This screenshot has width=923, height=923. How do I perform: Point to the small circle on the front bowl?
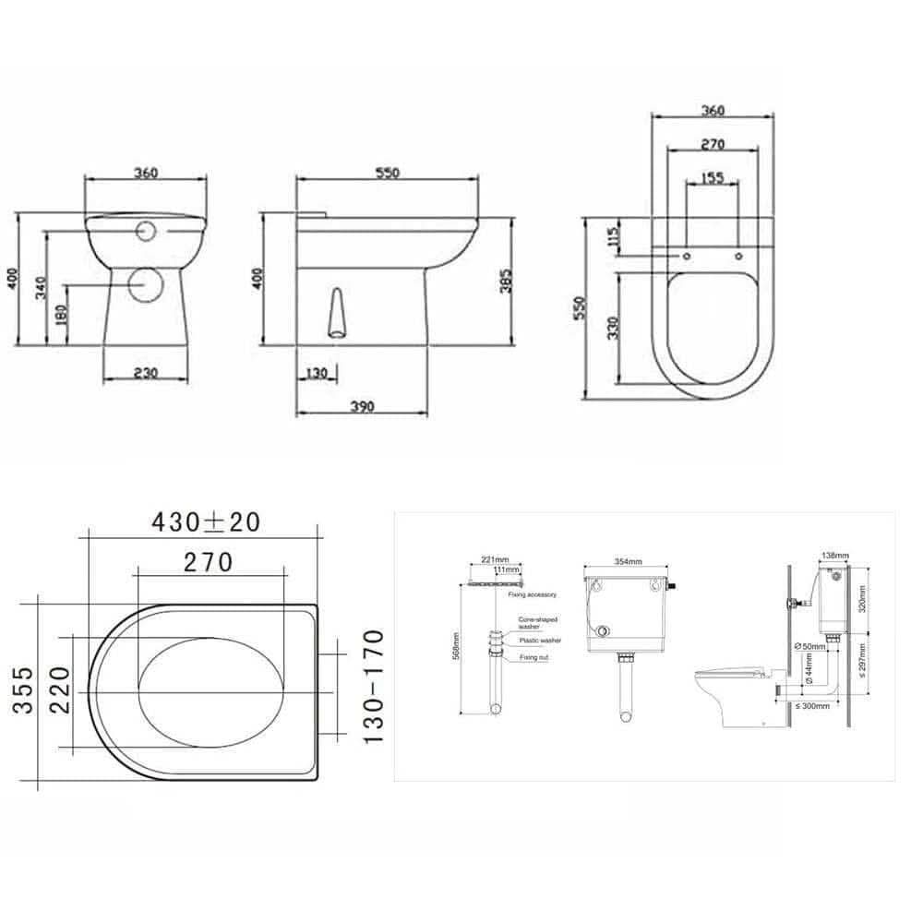[x=145, y=231]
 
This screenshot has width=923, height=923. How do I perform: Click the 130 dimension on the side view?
[x=317, y=374]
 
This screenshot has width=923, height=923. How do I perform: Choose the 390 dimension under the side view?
[x=363, y=406]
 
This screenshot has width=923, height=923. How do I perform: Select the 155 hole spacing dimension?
[x=712, y=178]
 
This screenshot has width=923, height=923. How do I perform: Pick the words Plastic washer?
[x=540, y=640]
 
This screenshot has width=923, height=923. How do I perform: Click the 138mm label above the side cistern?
[x=835, y=556]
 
